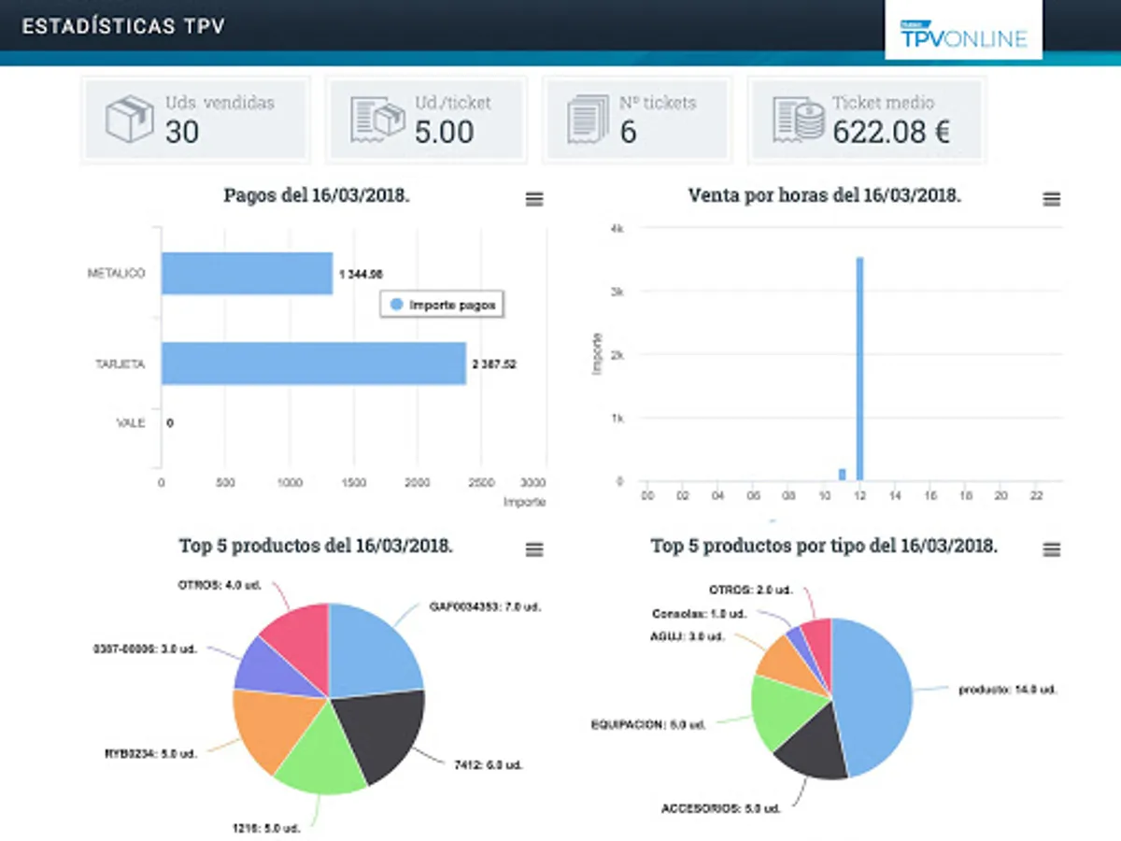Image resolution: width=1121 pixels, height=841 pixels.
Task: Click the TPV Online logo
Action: (963, 34)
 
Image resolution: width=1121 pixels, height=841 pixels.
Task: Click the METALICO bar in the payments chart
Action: (247, 273)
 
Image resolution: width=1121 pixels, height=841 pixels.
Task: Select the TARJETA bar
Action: (313, 363)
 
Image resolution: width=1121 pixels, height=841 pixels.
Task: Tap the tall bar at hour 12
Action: (859, 369)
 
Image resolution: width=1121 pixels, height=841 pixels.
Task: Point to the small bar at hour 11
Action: (842, 475)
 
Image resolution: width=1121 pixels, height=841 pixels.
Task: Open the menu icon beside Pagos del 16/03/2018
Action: (533, 199)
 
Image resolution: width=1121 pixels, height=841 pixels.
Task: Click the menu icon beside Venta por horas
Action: (1051, 199)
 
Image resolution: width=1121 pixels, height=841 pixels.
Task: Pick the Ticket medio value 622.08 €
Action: (891, 132)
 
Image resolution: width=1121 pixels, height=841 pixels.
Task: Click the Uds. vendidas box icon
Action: (129, 119)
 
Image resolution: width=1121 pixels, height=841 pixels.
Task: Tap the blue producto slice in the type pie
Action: (873, 691)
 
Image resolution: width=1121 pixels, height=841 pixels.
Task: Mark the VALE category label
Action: (130, 423)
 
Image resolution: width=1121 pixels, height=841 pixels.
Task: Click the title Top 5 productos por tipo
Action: (823, 547)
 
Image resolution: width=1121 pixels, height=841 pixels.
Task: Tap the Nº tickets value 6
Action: (628, 132)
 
